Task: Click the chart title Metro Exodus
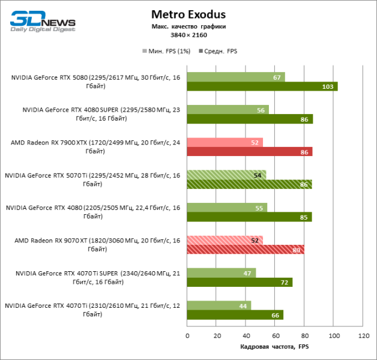click(188, 14)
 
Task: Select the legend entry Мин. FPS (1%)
click(166, 51)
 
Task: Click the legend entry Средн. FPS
click(221, 51)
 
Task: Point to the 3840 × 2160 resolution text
click(188, 35)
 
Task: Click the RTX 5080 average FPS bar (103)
click(262, 86)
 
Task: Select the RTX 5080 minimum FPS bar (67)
click(235, 77)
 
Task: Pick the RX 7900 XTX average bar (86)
click(249, 152)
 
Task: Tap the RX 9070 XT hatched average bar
click(245, 249)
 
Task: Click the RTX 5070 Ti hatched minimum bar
click(226, 175)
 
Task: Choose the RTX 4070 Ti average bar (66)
click(235, 314)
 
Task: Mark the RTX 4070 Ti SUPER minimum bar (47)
click(221, 272)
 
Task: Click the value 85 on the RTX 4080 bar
click(304, 217)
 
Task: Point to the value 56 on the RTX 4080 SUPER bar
click(261, 110)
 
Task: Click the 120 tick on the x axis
click(362, 336)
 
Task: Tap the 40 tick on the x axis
click(246, 336)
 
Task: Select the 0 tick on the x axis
click(187, 336)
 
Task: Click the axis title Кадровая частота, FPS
click(274, 347)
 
